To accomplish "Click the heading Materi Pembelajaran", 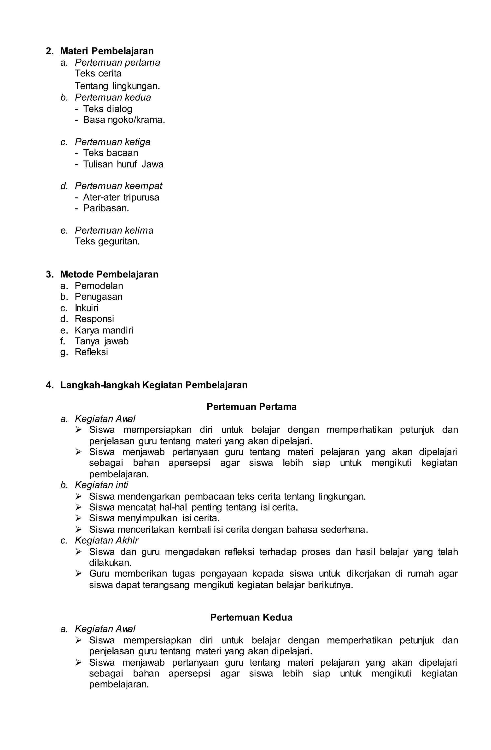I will click(107, 51).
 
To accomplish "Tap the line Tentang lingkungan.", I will click(117, 86).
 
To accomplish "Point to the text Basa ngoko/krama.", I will click(124, 120).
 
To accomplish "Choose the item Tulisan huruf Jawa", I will click(123, 164).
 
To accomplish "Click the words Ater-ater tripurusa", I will click(121, 197).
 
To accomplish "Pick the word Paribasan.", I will click(106, 208).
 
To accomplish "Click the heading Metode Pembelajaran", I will click(109, 274).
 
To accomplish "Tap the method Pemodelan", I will click(99, 286).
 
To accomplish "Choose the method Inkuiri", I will click(86, 308).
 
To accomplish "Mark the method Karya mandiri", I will click(104, 330).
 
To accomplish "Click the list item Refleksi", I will click(91, 352).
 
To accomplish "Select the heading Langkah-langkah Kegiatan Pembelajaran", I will click(154, 385).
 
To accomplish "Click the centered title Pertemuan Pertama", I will click(251, 407).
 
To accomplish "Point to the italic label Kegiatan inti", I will click(101, 485).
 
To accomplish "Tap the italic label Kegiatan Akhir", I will click(106, 540).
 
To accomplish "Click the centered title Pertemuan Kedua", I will click(251, 617).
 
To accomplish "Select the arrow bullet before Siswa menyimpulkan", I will click(79, 518).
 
